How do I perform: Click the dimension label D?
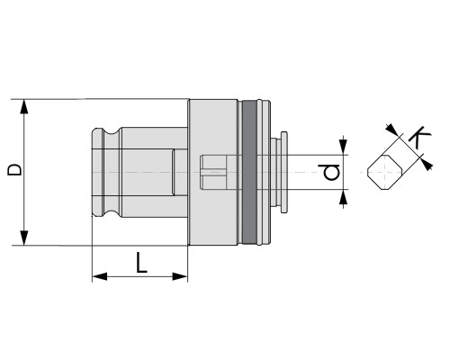click(14, 169)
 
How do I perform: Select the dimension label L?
click(141, 262)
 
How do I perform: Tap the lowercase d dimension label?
click(332, 172)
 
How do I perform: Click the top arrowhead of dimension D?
click(24, 107)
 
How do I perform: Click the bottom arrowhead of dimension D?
click(24, 238)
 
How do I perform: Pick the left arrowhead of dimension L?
click(100, 276)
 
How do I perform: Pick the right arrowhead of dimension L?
click(180, 276)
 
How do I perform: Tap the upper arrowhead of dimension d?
click(343, 148)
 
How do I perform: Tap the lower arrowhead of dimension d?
click(343, 197)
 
